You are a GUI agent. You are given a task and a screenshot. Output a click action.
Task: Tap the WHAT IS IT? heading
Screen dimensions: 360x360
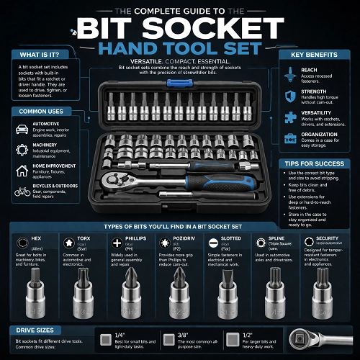pos(41,55)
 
